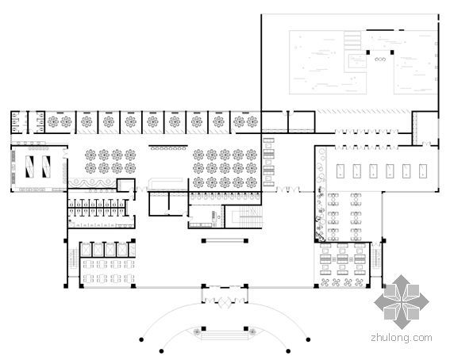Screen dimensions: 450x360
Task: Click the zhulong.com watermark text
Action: click(402, 338)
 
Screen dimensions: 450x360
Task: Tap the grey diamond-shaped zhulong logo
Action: click(402, 301)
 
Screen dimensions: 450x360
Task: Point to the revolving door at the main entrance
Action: click(225, 302)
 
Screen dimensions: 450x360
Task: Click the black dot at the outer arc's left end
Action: click(141, 339)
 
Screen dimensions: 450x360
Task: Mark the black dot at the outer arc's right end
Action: click(308, 339)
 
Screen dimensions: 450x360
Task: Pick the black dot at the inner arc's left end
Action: click(162, 351)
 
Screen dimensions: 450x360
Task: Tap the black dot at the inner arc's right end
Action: click(288, 351)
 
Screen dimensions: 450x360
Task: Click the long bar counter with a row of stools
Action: click(168, 147)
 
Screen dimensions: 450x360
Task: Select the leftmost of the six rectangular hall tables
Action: click(340, 171)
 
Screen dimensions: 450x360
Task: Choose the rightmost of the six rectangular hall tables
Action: click(423, 171)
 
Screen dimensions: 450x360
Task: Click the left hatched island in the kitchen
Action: click(29, 167)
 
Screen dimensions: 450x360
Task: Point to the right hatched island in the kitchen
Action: click(46, 167)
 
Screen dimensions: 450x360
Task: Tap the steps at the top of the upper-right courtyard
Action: click(352, 40)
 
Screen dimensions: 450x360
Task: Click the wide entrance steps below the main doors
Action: click(225, 335)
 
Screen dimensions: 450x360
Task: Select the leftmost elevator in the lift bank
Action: click(86, 250)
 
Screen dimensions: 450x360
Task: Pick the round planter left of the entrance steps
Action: click(196, 332)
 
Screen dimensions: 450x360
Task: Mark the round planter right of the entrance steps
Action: click(252, 332)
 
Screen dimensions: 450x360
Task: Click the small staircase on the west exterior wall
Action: click(74, 259)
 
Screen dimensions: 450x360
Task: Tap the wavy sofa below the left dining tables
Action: click(92, 182)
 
